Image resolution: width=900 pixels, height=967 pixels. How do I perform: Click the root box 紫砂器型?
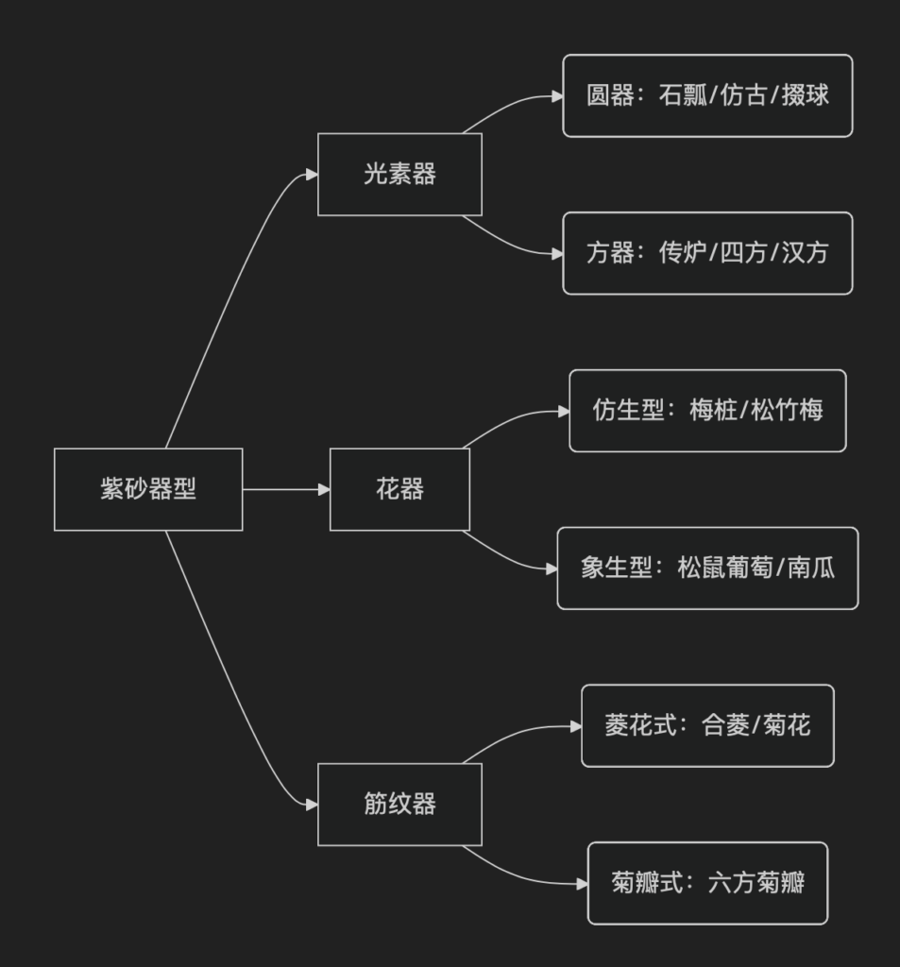(x=148, y=489)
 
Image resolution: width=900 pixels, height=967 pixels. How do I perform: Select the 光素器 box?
(x=399, y=175)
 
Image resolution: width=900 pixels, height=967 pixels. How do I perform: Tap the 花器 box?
(x=399, y=489)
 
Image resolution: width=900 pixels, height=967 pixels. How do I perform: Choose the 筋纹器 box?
(x=399, y=805)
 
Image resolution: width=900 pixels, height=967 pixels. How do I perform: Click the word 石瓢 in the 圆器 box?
(x=683, y=96)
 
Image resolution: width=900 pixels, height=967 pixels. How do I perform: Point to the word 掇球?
(x=806, y=96)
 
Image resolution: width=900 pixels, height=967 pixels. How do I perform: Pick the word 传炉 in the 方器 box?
(x=683, y=254)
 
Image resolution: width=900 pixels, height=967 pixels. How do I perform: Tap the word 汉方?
(x=806, y=254)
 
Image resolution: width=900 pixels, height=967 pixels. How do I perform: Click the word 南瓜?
(x=812, y=568)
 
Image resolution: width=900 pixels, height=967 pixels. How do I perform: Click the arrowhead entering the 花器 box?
(x=324, y=489)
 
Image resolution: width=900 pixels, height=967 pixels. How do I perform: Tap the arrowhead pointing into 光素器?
(x=312, y=175)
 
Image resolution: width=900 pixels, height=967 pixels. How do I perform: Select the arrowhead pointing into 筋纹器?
(x=312, y=805)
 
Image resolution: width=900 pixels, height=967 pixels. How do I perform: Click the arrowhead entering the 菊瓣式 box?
(x=582, y=884)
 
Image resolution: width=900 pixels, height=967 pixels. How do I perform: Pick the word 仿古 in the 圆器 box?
(x=744, y=96)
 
